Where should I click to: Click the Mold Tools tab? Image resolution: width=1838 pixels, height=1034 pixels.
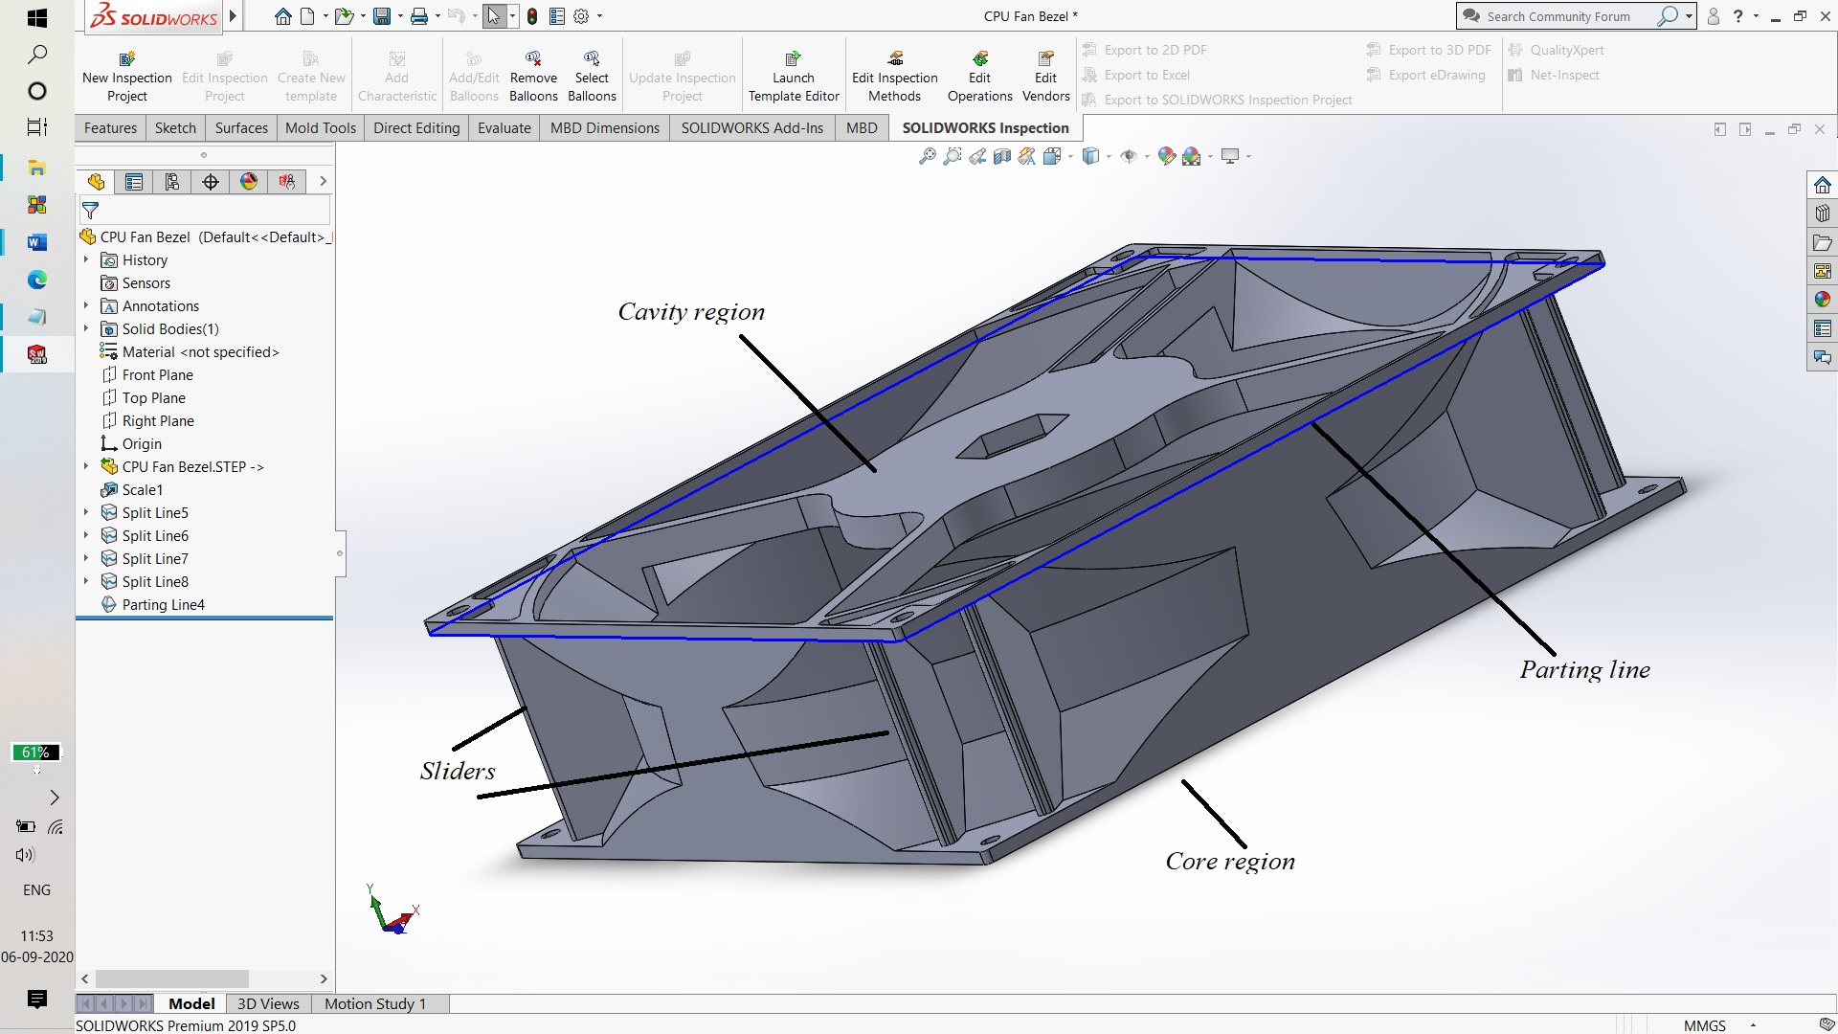coord(320,128)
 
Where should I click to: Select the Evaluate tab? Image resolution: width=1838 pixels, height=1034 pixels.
coord(504,128)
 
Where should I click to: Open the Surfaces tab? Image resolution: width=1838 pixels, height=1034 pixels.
coord(241,128)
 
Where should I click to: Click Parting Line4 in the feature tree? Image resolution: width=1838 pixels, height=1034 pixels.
coord(163,605)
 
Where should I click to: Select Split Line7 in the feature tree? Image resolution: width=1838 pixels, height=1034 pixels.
coord(155,559)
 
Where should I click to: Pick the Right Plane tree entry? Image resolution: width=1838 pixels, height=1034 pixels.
coord(158,421)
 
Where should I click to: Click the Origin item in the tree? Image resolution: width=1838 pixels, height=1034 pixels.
coord(142,444)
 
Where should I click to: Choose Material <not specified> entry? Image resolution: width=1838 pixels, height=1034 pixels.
coord(200,352)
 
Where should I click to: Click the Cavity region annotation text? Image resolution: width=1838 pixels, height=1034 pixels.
coord(691,312)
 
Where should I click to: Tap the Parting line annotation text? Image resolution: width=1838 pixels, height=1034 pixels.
coord(1584,670)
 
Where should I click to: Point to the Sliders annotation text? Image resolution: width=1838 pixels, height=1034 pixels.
coord(458,772)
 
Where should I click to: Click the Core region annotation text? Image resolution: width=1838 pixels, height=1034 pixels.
coord(1230,862)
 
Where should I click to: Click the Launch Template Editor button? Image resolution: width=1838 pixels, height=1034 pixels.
coord(794,77)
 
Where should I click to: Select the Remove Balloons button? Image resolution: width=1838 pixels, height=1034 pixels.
coord(533,77)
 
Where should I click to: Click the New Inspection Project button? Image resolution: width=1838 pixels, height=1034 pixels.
coord(127,77)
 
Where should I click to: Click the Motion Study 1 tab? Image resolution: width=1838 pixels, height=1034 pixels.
coord(374,1003)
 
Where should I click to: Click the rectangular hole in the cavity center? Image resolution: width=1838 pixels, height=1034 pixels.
coord(1013,437)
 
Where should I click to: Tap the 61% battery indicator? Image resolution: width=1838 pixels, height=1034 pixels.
coord(35,753)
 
